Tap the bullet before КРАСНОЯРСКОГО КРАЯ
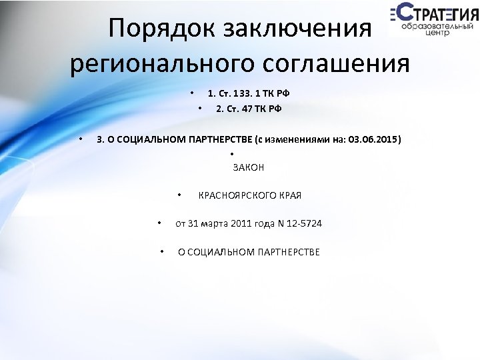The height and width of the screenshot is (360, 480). tap(179, 195)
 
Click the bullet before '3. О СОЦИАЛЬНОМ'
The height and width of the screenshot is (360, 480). tap(79, 140)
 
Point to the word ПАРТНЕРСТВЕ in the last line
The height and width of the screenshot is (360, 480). tap(287, 251)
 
